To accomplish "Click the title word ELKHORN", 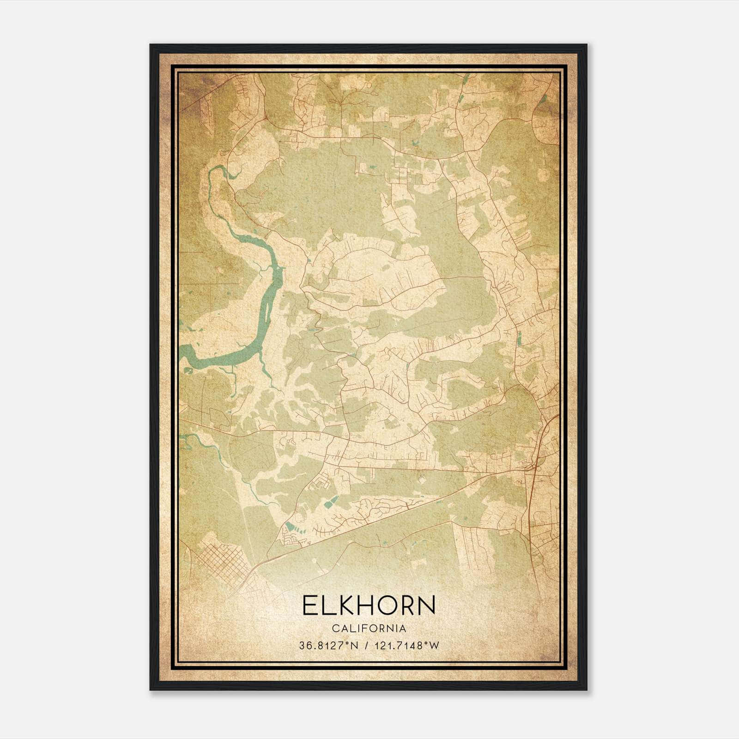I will click(369, 605).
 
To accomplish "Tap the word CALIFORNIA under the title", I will click(369, 629).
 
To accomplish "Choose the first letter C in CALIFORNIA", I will click(333, 629).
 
